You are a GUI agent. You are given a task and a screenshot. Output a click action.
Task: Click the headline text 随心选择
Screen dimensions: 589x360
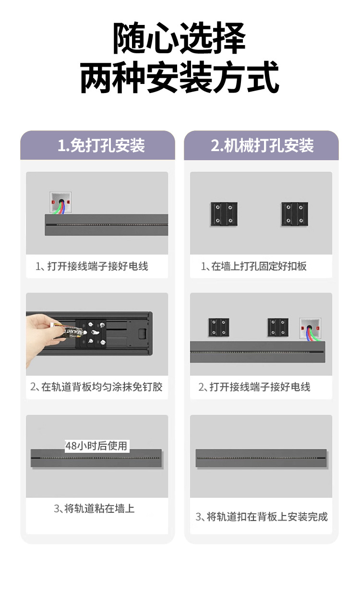coord(180,38)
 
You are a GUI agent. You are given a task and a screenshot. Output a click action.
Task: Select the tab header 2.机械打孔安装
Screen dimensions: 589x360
coord(262,145)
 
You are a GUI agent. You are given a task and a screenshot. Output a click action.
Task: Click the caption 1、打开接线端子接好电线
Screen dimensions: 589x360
coord(92,266)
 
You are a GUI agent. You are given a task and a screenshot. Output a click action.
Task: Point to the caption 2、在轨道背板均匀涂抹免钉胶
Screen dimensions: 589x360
coord(96,387)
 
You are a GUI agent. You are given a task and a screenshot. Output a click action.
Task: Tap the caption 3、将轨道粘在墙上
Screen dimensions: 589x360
coord(94,508)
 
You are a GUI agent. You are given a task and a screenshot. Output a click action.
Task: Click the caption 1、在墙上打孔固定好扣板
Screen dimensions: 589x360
coord(253,266)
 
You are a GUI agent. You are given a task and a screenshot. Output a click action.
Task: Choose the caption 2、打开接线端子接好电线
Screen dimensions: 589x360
coord(254,387)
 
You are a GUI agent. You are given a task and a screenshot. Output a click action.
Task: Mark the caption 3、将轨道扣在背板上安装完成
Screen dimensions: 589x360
coord(261,517)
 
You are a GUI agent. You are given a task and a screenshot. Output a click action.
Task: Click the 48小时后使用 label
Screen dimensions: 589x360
coord(96,446)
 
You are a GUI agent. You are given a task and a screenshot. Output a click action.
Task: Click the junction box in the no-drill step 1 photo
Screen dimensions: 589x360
coord(61,203)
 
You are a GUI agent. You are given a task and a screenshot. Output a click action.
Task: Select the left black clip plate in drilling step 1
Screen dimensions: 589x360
coord(224,214)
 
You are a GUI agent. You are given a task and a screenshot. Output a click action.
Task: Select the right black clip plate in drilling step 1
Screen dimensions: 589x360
coord(295,214)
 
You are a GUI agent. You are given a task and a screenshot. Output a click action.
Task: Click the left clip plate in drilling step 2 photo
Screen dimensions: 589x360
coord(218,329)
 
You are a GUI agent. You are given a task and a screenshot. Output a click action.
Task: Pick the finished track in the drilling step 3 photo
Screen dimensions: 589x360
coord(261,459)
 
